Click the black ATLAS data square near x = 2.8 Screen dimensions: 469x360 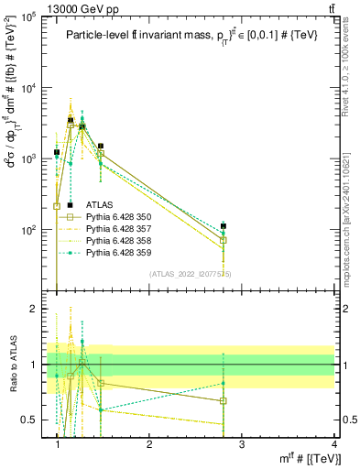(x=224, y=225)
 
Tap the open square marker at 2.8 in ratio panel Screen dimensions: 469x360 (x=224, y=400)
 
